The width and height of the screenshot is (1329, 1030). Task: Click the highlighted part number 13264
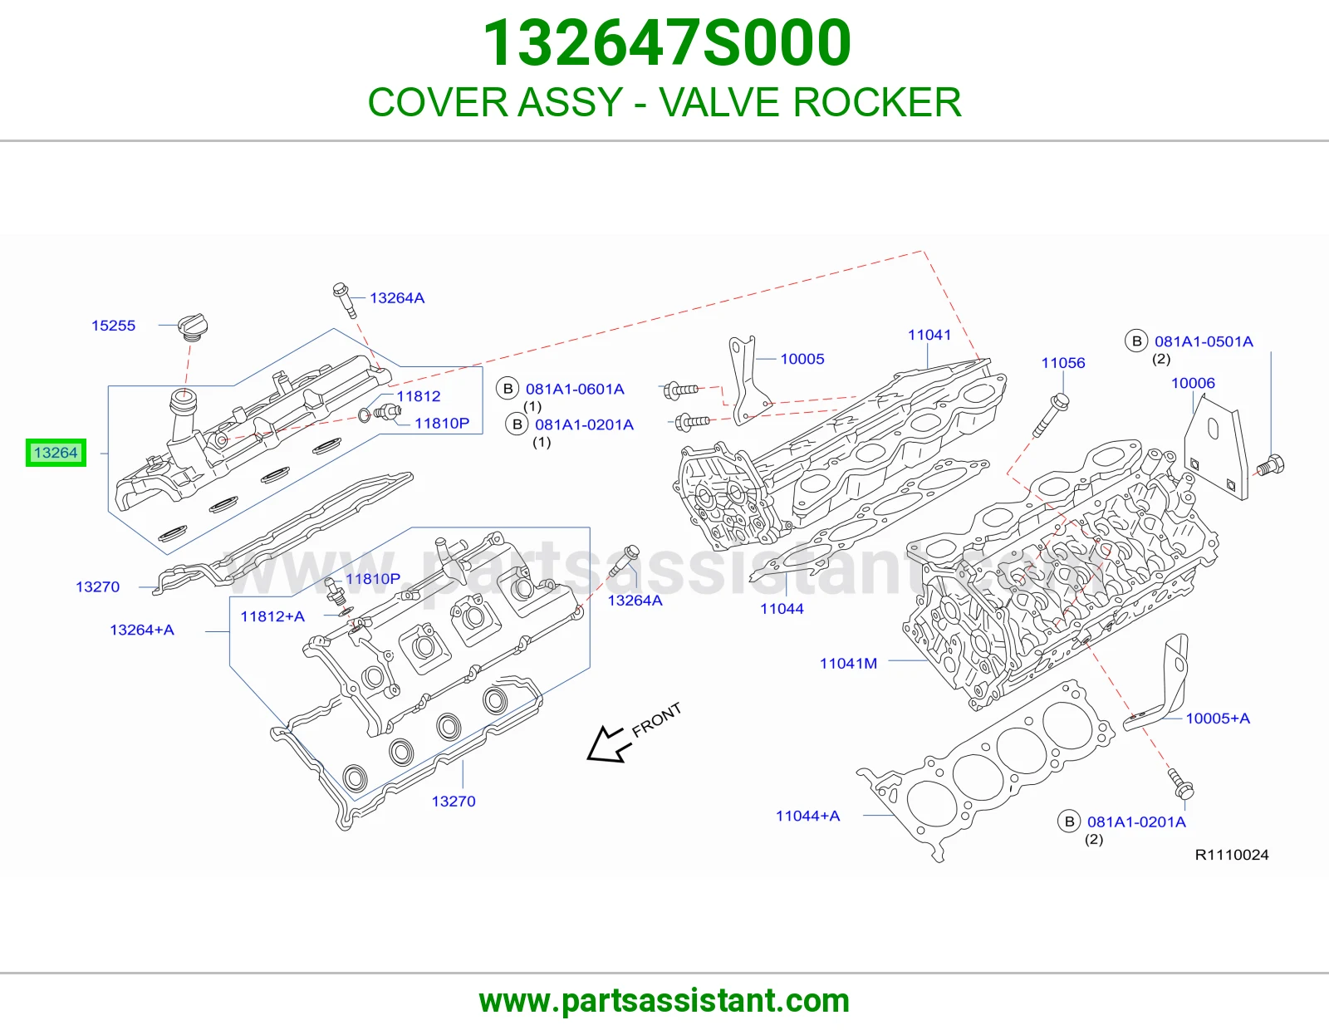(x=56, y=453)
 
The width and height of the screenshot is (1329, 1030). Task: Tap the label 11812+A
(x=272, y=616)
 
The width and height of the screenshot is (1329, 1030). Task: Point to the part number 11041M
(x=848, y=663)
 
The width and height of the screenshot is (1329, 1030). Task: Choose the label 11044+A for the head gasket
(x=808, y=816)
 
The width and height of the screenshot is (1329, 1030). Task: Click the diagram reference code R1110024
(x=1232, y=855)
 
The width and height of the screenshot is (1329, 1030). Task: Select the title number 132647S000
(x=666, y=42)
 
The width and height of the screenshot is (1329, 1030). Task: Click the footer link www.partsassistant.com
(x=664, y=1001)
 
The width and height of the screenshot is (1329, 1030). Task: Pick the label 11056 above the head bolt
(x=1063, y=363)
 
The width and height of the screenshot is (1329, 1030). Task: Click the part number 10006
(x=1193, y=383)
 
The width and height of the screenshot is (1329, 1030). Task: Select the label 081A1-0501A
(x=1204, y=341)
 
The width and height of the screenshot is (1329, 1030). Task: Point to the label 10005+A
(x=1218, y=718)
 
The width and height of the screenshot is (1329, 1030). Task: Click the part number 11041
(x=929, y=335)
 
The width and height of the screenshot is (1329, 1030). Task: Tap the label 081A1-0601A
(x=575, y=389)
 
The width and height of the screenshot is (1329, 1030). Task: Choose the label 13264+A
(x=142, y=630)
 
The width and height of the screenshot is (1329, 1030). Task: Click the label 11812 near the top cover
(x=419, y=395)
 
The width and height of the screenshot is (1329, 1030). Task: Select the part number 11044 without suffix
(x=782, y=609)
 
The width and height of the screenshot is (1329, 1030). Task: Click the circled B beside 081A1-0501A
(x=1136, y=341)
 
